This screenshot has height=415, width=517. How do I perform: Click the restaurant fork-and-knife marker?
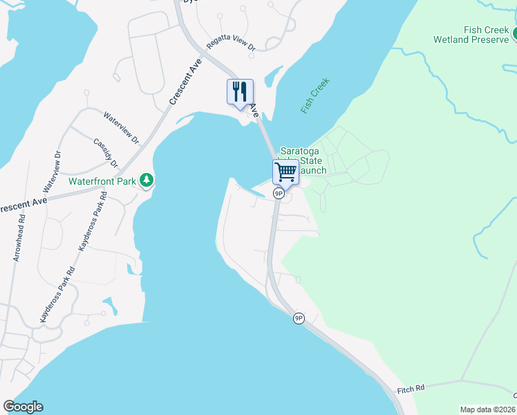point(240,91)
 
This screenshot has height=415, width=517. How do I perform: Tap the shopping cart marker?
point(285,171)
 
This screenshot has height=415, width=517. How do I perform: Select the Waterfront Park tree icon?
point(147,181)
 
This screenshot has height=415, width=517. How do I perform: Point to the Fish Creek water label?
point(315,95)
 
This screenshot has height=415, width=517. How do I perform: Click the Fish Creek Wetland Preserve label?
point(471,35)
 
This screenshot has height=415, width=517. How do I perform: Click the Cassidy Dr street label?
point(106,152)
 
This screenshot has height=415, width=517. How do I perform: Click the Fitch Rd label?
point(410,390)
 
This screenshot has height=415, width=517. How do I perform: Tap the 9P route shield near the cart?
point(279,194)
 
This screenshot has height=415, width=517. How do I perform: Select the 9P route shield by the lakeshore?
point(299,318)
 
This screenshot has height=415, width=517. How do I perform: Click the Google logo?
point(23,407)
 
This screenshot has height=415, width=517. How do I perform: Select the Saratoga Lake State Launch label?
point(303,161)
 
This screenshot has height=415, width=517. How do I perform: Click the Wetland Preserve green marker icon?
point(515,33)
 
